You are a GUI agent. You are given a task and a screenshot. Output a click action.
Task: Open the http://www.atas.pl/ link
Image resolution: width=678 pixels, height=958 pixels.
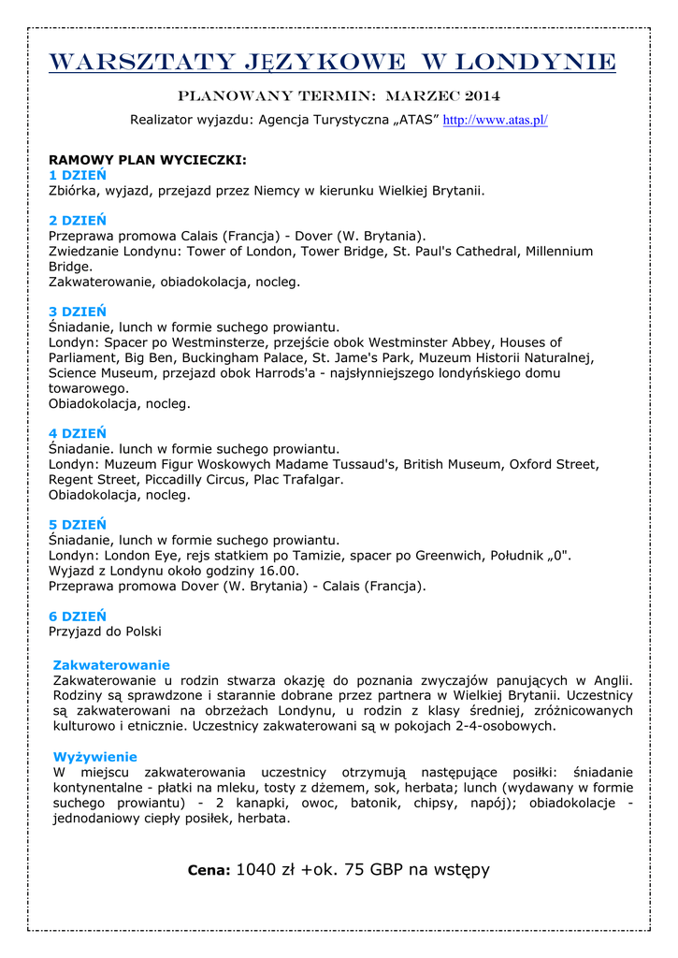point(495,121)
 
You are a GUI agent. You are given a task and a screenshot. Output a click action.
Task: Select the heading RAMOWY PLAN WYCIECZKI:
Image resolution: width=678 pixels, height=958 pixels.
point(148,160)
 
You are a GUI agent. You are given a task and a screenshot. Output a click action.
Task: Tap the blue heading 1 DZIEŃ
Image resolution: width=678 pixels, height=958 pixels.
point(78,175)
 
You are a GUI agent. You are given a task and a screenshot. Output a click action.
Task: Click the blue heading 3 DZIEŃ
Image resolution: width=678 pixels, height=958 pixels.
point(78,312)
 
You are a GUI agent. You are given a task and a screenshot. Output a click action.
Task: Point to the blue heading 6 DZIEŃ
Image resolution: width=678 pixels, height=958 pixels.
point(78,617)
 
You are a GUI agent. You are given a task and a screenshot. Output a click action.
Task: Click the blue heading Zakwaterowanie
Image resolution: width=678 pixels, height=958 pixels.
point(111,665)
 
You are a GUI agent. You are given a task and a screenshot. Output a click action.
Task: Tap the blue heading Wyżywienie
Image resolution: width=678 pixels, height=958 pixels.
point(95,757)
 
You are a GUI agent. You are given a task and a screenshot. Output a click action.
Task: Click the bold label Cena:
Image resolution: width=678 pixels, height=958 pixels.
point(209,871)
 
